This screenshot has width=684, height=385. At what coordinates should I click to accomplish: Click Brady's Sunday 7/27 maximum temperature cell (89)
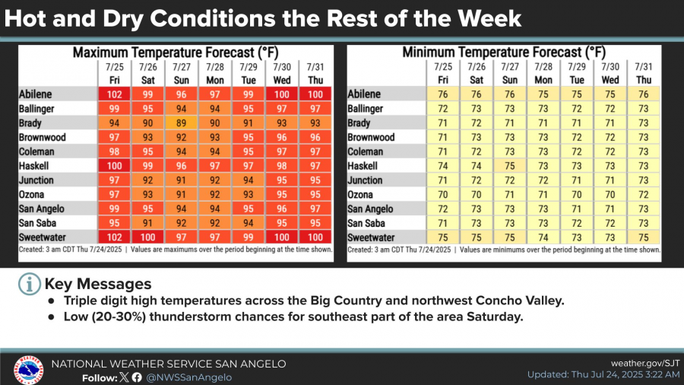click(x=181, y=123)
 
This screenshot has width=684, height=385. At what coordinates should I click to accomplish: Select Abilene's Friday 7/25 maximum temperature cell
click(x=114, y=94)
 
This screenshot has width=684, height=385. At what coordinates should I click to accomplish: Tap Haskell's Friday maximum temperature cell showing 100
click(x=114, y=166)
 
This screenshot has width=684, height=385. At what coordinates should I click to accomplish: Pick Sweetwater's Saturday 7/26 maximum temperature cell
click(x=147, y=237)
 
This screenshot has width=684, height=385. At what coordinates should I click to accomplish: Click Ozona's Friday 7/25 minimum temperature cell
click(x=442, y=195)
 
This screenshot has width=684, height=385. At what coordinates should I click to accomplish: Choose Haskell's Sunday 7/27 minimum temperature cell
click(x=510, y=166)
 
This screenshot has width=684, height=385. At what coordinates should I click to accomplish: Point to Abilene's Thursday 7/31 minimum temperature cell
click(x=644, y=94)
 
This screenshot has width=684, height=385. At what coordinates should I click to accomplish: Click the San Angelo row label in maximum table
click(x=43, y=209)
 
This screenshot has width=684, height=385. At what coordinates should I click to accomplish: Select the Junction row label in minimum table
click(x=370, y=180)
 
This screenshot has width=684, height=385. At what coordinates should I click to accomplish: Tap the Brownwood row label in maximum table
click(x=43, y=138)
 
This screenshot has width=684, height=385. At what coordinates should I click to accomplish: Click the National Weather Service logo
click(x=27, y=370)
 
